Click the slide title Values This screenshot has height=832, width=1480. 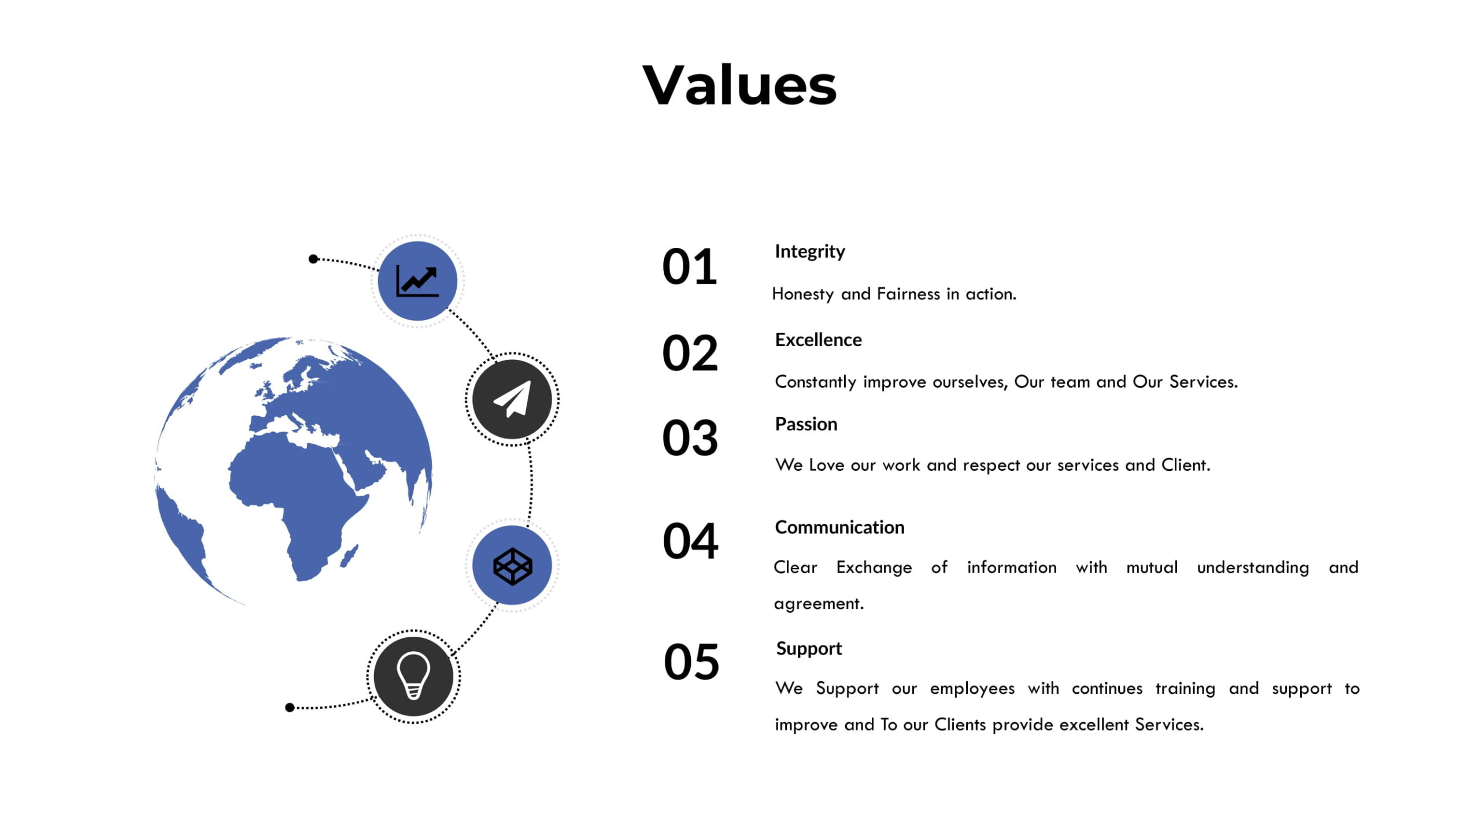pyautogui.click(x=739, y=86)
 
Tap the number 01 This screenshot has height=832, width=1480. pyautogui.click(x=689, y=266)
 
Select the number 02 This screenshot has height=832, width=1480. pyautogui.click(x=690, y=353)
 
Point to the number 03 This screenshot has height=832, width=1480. pyautogui.click(x=690, y=438)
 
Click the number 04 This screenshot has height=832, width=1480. pyautogui.click(x=690, y=541)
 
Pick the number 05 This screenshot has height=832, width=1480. pyautogui.click(x=691, y=662)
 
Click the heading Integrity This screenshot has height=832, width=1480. pyautogui.click(x=809, y=252)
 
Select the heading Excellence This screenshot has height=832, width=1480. pyautogui.click(x=818, y=340)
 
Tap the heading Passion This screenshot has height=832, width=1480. pyautogui.click(x=806, y=424)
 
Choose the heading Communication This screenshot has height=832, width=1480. pyautogui.click(x=839, y=528)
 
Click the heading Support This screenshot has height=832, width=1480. pyautogui.click(x=809, y=649)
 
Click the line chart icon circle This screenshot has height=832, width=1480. pyautogui.click(x=417, y=281)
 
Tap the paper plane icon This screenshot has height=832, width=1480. pyautogui.click(x=512, y=399)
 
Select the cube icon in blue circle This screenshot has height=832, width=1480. pyautogui.click(x=512, y=566)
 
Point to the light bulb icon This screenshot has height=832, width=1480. pyautogui.click(x=413, y=676)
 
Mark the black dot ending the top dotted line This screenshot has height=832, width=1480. pyautogui.click(x=313, y=259)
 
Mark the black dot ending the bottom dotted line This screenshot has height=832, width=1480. pyautogui.click(x=290, y=708)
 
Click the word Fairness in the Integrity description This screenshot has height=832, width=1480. pyautogui.click(x=908, y=294)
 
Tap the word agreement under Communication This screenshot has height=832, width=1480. pyautogui.click(x=817, y=604)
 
